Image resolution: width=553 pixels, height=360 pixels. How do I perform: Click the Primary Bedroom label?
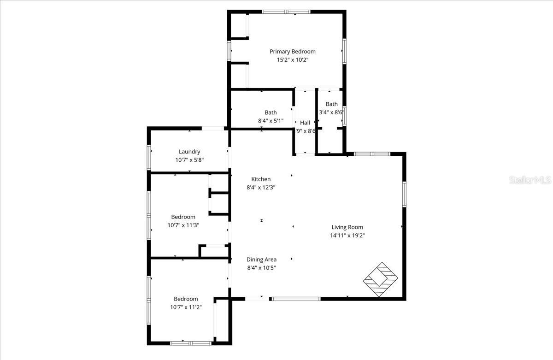(293, 52)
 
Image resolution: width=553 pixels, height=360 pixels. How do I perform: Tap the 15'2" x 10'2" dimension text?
(293, 60)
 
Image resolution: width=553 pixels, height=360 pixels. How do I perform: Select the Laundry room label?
(189, 152)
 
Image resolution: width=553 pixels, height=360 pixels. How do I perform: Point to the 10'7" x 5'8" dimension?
(189, 160)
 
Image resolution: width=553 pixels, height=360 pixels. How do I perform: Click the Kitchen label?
(261, 179)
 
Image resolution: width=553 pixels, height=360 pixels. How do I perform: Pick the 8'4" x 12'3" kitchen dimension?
(261, 188)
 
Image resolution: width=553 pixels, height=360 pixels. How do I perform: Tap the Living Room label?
(347, 227)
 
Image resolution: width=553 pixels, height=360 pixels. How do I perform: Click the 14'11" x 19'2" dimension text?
(347, 236)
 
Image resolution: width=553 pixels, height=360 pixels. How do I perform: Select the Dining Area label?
(261, 260)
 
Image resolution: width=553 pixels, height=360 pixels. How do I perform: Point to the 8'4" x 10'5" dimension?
(261, 268)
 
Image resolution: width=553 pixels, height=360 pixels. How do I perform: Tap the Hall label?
(305, 123)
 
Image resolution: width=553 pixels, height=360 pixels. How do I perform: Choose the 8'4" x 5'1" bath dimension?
(271, 121)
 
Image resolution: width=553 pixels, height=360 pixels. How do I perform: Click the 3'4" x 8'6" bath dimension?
(332, 112)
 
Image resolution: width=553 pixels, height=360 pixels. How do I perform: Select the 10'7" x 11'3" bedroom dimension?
(183, 225)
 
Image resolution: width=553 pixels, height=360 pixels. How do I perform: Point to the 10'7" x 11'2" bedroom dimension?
(186, 307)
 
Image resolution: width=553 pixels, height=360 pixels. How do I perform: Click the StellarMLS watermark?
(530, 180)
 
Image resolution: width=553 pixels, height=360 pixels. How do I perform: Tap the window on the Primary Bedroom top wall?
(286, 12)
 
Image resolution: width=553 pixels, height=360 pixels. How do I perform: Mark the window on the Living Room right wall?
(404, 194)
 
